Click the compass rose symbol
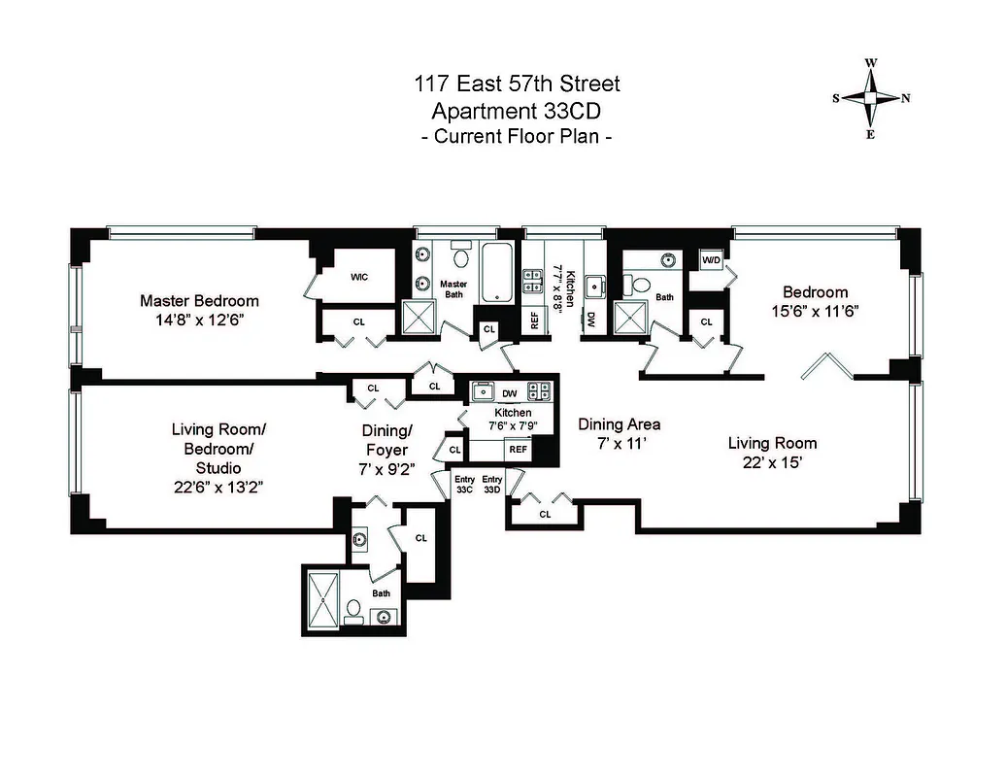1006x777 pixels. click(870, 98)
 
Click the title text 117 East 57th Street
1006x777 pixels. click(516, 84)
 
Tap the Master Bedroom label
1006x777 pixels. click(198, 301)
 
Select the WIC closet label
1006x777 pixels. click(358, 277)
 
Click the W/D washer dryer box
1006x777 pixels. click(711, 260)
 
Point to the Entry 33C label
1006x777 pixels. click(464, 485)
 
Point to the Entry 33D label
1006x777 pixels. click(492, 485)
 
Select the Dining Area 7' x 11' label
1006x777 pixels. click(619, 433)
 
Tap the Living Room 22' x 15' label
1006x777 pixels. click(772, 453)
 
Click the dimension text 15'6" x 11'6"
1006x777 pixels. click(816, 312)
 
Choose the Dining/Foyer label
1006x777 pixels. click(387, 440)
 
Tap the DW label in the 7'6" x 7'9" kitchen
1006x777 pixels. click(510, 393)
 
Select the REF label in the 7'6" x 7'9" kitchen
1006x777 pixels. click(518, 450)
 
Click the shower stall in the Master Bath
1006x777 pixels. click(419, 317)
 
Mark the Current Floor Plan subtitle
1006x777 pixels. click(516, 136)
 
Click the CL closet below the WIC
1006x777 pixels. click(358, 321)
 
